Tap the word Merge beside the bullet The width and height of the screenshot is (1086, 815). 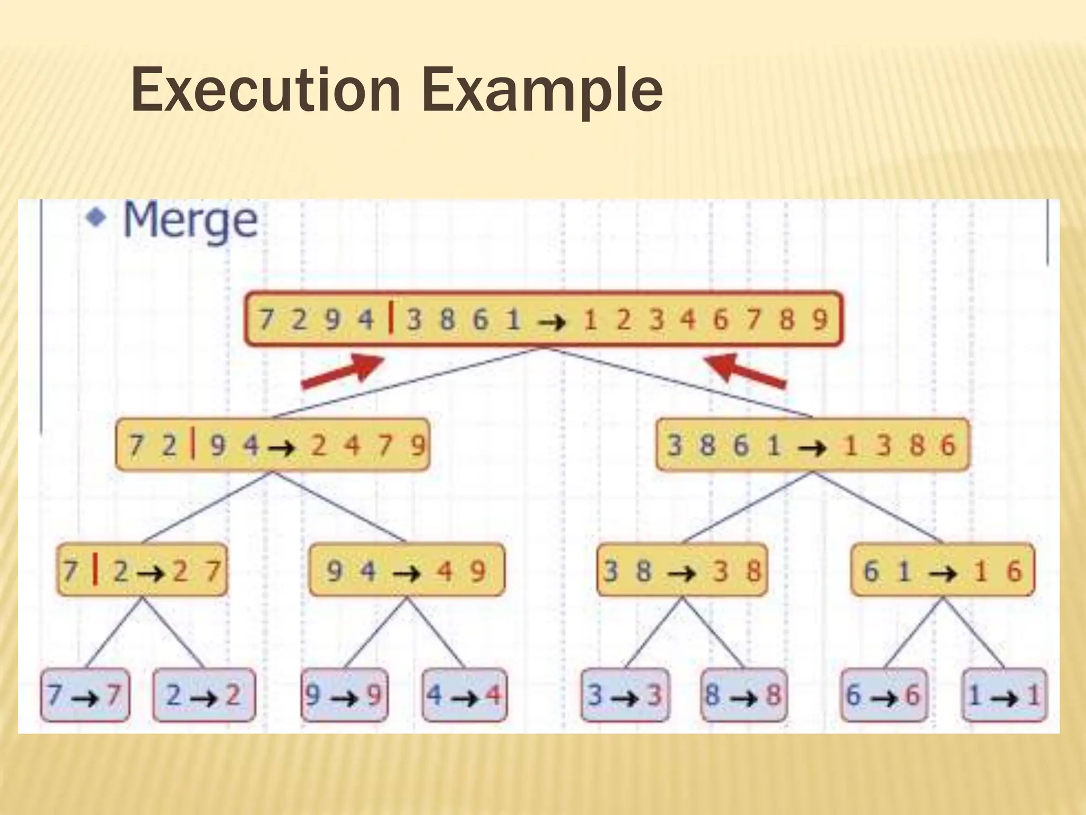click(190, 220)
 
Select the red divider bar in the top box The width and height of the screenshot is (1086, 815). click(391, 318)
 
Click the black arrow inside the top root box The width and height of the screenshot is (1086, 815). click(551, 322)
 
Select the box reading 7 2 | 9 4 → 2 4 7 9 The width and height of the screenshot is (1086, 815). click(272, 445)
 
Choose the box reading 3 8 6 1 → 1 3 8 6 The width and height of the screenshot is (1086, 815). click(812, 445)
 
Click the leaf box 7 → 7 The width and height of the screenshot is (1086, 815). click(85, 695)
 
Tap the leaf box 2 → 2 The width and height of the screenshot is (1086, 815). click(204, 695)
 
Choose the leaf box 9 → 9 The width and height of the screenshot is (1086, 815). click(345, 695)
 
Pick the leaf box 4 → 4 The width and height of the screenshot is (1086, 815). click(465, 695)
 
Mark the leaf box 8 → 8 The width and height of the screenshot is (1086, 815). click(743, 695)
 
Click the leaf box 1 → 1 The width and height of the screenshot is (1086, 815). click(1004, 695)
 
